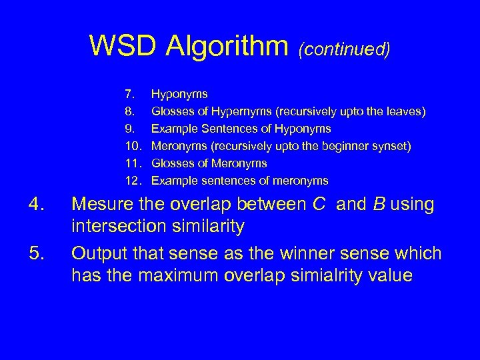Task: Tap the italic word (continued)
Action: [344, 48]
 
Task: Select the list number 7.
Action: [129, 94]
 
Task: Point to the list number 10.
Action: [131, 146]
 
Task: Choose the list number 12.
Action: [131, 181]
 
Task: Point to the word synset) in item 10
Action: [389, 146]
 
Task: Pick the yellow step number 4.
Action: [36, 205]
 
